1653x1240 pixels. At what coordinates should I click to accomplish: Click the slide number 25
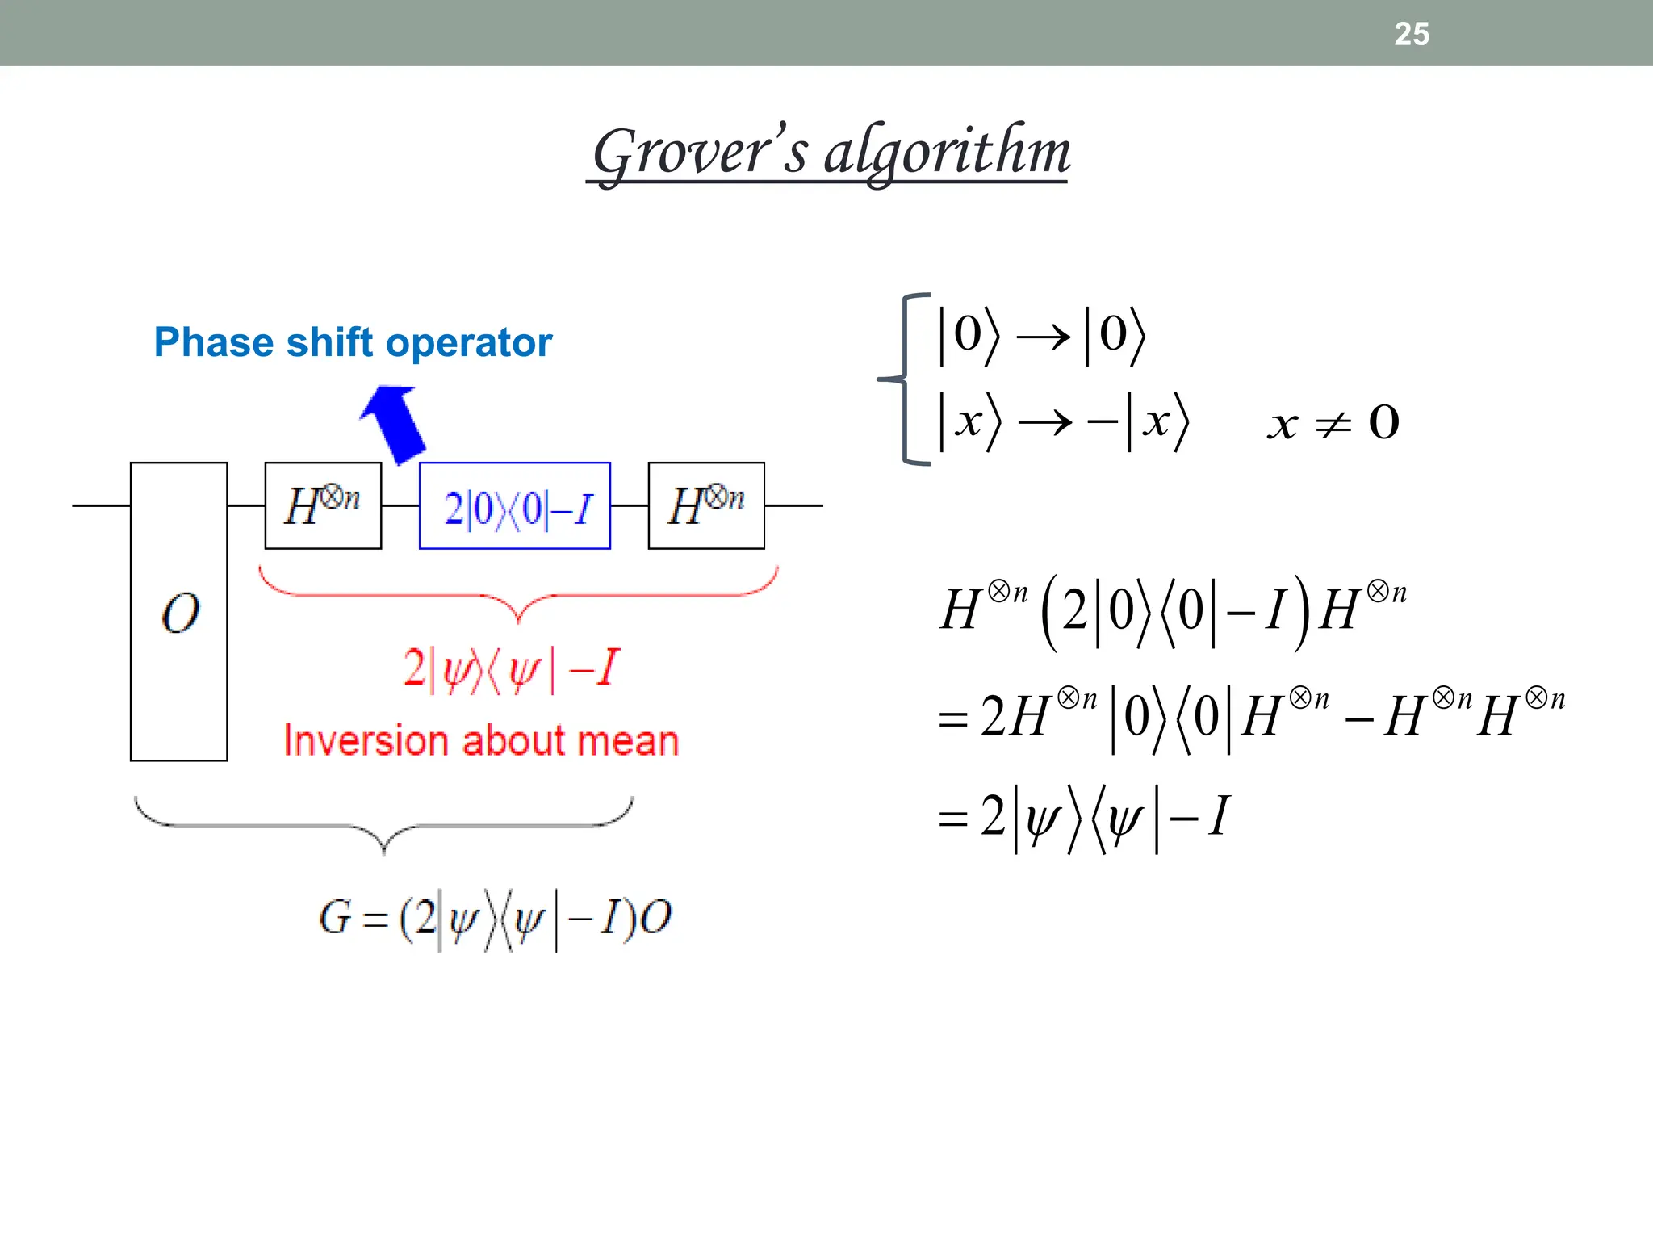click(x=1412, y=34)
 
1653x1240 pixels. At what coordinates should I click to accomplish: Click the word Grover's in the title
click(x=699, y=152)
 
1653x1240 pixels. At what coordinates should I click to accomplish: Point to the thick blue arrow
click(x=395, y=422)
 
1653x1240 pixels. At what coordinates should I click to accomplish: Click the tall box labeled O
click(x=179, y=611)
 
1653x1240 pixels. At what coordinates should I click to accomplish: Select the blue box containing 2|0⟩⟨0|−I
click(x=515, y=506)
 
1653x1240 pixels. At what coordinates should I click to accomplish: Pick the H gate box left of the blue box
click(x=323, y=506)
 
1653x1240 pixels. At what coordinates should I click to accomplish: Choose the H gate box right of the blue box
click(x=706, y=506)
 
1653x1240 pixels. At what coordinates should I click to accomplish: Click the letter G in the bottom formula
click(x=335, y=918)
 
